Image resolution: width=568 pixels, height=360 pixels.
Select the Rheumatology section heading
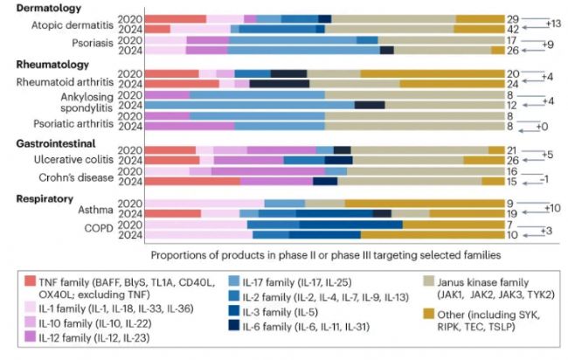click(x=52, y=65)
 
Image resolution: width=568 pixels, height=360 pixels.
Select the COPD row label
click(x=86, y=229)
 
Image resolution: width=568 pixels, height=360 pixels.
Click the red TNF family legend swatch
click(x=30, y=280)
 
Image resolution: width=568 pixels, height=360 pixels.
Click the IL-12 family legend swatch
click(x=30, y=337)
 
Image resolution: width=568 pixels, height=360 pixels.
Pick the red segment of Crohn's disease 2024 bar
click(x=192, y=182)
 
